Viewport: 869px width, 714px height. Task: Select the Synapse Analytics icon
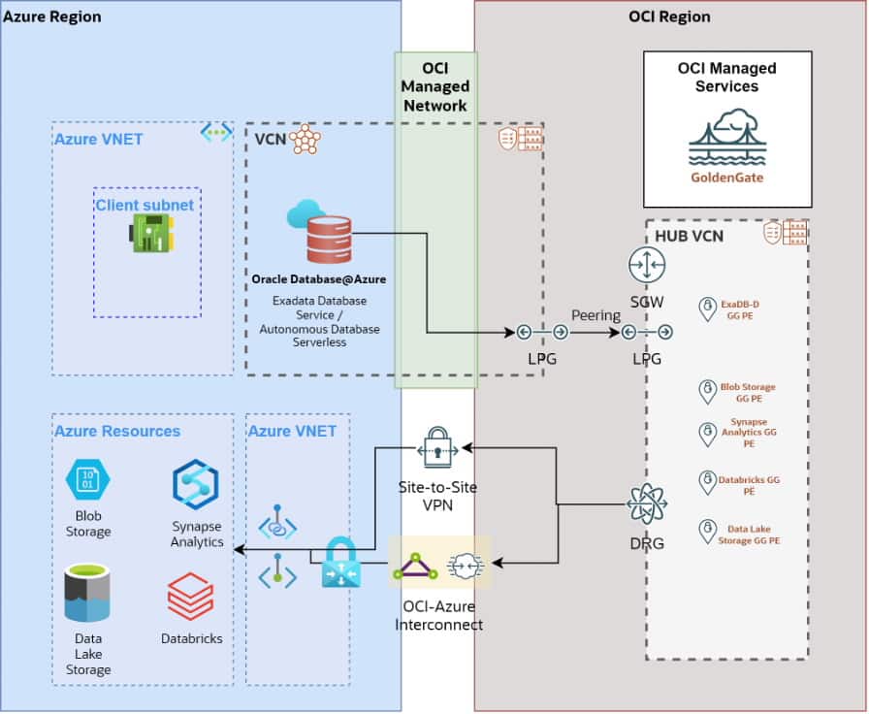[x=196, y=485]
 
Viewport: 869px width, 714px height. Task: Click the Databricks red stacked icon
[x=190, y=596]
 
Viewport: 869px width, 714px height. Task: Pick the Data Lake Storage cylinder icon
[x=87, y=593]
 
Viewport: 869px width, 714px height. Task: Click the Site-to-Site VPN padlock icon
[x=437, y=449]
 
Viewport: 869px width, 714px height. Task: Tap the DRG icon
[x=646, y=505]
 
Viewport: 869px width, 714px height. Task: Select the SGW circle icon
[x=646, y=266]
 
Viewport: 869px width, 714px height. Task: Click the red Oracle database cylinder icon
[x=329, y=240]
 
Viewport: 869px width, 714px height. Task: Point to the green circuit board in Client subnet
[x=152, y=234]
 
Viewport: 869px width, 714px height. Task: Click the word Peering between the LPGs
[x=595, y=316]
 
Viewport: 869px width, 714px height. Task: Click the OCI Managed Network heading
[x=435, y=86]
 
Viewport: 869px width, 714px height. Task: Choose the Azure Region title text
[x=52, y=16]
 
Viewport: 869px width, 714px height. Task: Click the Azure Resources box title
[x=117, y=431]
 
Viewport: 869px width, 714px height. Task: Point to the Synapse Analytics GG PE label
[x=749, y=434]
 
